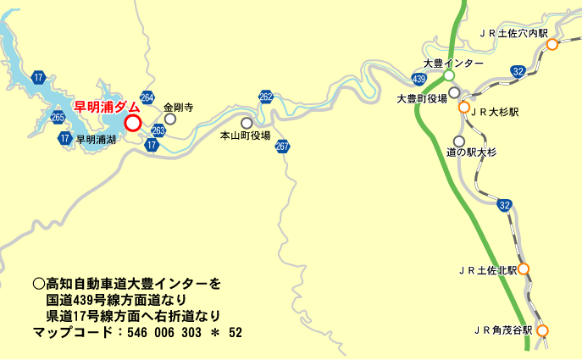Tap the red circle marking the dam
pos(132,123)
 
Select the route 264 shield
pos(147,98)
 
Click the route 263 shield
pos(158,130)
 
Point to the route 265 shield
pos(58,117)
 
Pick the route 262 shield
pos(266,97)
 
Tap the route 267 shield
pos(282,147)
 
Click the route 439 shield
pos(418,79)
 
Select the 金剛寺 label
pos(178,108)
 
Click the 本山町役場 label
pos(245,136)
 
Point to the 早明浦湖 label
pos(96,139)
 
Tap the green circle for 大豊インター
pos(449,76)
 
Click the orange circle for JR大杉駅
pos(464,108)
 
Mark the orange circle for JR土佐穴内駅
pos(552,45)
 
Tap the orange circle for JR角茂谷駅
pos(542,331)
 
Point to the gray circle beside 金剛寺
pos(169,119)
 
